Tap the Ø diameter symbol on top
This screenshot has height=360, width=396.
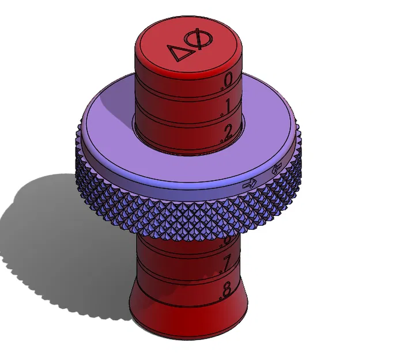(202, 41)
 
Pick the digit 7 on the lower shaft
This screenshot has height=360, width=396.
(227, 262)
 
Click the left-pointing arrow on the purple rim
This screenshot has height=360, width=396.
(276, 169)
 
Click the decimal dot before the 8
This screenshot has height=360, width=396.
(220, 297)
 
